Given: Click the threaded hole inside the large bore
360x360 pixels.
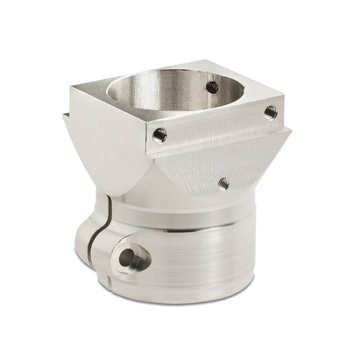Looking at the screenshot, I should click(x=212, y=86).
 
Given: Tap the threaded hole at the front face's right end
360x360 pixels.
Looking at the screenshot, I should click(x=271, y=112).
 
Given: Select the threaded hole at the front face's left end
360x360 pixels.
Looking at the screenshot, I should click(x=160, y=135).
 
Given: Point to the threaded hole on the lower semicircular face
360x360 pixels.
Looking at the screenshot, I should click(x=224, y=182).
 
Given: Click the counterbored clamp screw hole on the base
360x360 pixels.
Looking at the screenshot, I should click(x=128, y=258).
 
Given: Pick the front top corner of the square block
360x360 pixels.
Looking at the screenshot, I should click(x=146, y=124).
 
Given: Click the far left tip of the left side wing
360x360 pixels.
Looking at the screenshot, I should click(x=63, y=115).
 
